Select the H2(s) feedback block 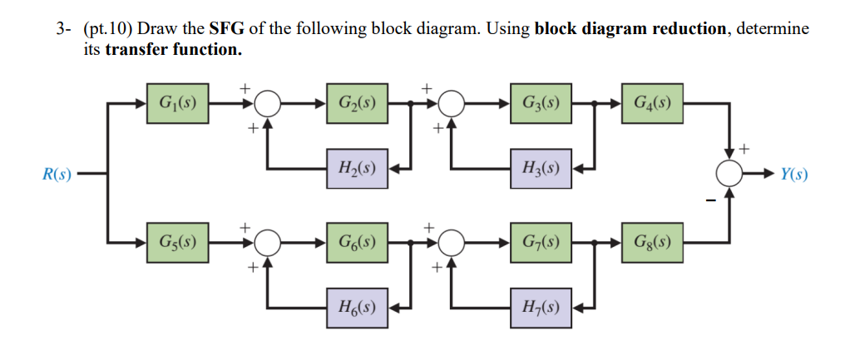coord(356,169)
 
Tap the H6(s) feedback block coord(356,308)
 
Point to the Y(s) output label coord(793,175)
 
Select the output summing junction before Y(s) coord(730,174)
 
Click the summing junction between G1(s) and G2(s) coord(268,104)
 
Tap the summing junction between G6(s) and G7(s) coord(452,243)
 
